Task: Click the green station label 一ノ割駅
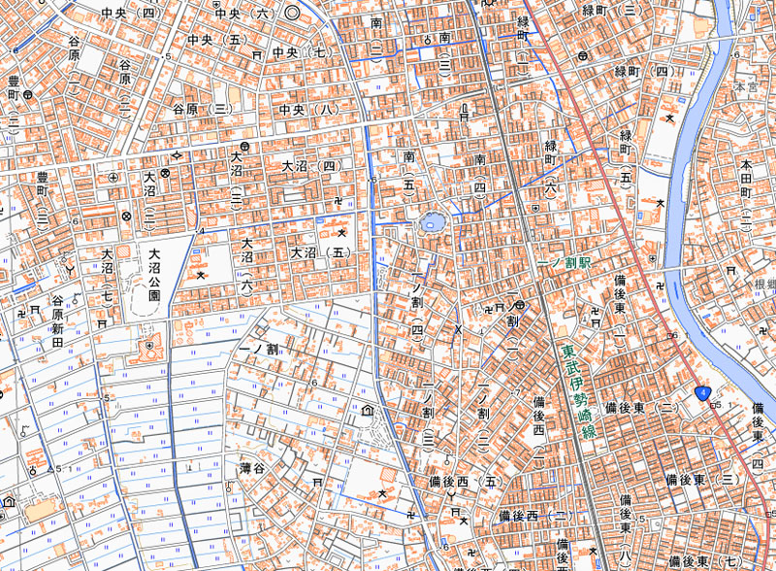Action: coord(563,264)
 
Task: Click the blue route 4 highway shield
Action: coord(702,392)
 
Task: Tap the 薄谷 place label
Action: coord(252,468)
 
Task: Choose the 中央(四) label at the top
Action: coord(127,14)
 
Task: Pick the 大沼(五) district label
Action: coord(318,252)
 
